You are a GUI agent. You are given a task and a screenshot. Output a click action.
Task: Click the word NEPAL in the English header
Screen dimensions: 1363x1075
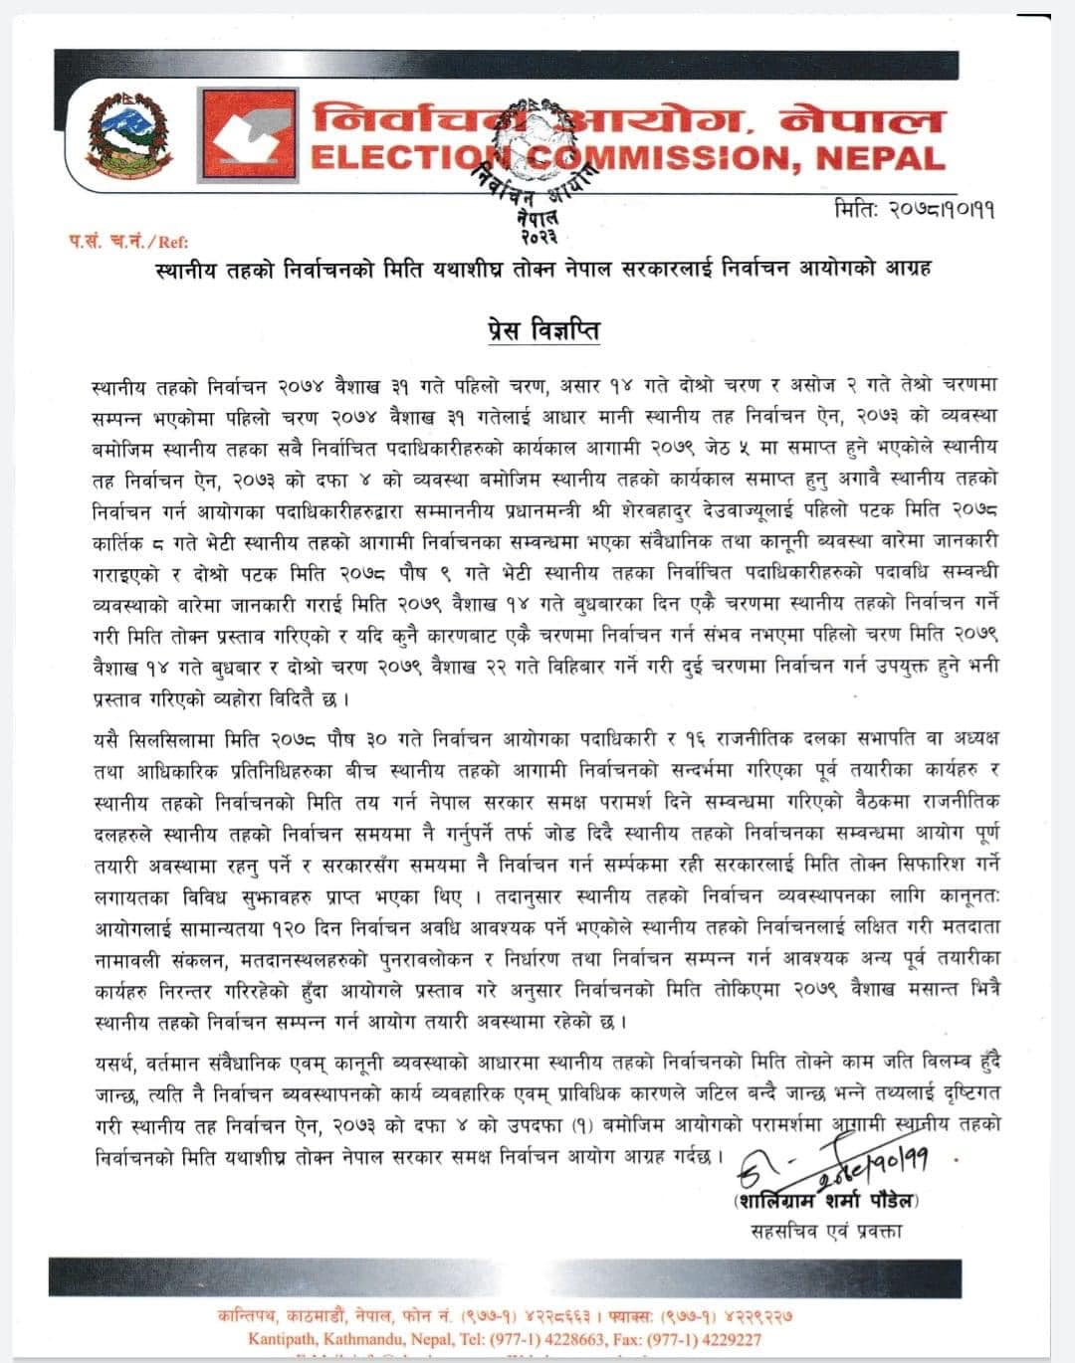[x=880, y=158]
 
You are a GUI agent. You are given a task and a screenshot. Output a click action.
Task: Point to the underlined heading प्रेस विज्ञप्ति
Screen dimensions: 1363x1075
[x=543, y=329]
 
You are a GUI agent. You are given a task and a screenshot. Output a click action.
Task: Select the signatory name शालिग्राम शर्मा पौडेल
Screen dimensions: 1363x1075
[x=826, y=1200]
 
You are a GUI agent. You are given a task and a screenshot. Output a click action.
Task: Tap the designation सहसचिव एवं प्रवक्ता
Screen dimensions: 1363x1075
[x=826, y=1231]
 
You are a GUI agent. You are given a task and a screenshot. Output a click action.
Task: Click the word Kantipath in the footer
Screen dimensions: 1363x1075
[x=284, y=1338]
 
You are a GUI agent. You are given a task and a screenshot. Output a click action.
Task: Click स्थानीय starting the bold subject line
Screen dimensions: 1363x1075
[x=186, y=269]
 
